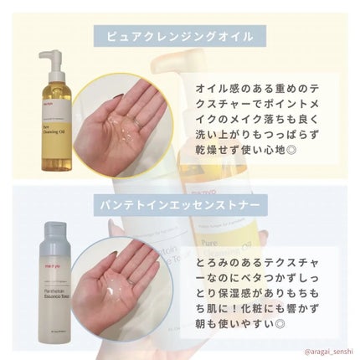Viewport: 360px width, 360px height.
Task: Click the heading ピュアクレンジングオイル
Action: click(179, 36)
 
